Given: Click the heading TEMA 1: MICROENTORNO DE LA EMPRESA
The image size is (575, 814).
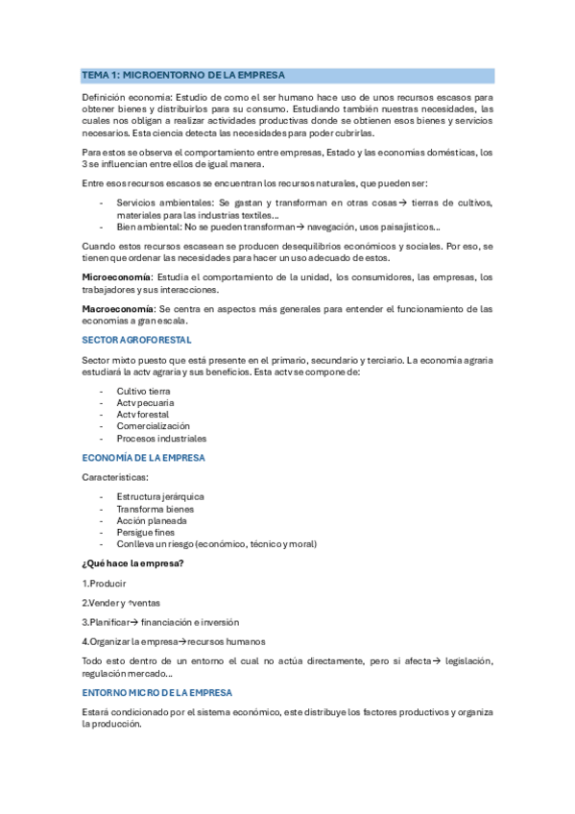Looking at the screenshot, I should coord(183,74).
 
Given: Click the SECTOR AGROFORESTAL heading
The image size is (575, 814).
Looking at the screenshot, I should coord(136,340).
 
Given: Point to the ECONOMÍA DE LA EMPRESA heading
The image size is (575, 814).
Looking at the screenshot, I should coord(143,458).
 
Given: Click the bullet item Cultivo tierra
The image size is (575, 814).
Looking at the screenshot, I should coord(143,392).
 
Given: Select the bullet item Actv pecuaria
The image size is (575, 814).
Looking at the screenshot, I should coord(145,403).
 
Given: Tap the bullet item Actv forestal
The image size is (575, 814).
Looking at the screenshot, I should coord(144,415).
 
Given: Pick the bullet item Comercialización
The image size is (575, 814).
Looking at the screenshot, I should coord(154,426).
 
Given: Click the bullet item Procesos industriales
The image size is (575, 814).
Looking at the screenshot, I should coord(161,438).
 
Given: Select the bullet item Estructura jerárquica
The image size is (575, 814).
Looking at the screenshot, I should coord(160,497).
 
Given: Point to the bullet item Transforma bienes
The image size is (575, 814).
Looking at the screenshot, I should coord(155,509).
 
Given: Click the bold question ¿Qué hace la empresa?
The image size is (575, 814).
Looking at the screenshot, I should coord(133,563).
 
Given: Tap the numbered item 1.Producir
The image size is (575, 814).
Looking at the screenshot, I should coord(105,583).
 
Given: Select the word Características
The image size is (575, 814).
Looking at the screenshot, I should coord(115,477).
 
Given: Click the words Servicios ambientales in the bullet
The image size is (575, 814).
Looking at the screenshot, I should coord(160,203).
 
